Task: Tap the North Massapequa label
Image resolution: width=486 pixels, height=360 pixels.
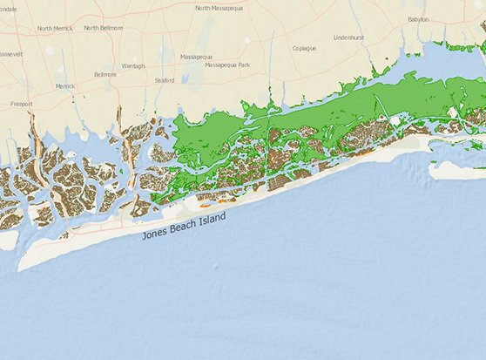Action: [x=219, y=8]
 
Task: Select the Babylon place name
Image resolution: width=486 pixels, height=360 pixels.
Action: [x=418, y=18]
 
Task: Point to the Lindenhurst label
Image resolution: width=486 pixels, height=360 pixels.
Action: [x=354, y=37]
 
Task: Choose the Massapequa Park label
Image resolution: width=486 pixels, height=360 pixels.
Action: [x=226, y=65]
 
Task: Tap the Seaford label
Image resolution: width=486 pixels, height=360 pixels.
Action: [x=164, y=80]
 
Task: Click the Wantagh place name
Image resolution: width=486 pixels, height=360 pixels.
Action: [x=133, y=65]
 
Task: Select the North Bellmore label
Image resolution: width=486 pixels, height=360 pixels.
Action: [x=104, y=28]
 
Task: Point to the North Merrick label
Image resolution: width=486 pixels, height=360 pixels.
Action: [x=56, y=28]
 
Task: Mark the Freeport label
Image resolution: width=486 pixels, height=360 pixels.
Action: [x=22, y=104]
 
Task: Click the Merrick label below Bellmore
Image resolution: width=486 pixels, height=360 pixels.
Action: [x=65, y=86]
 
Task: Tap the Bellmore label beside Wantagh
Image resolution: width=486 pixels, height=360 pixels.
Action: [x=105, y=75]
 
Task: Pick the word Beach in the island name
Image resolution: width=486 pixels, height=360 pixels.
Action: [x=185, y=227]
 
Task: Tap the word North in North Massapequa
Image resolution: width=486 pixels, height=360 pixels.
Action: [x=203, y=8]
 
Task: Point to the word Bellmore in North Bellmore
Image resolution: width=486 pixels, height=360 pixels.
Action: [x=111, y=28]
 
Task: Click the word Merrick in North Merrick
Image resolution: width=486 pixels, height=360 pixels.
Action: [x=63, y=28]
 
